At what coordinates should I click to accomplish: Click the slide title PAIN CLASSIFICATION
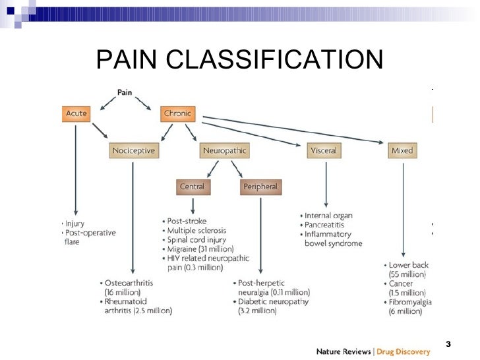[x=239, y=60]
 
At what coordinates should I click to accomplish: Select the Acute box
[x=76, y=113]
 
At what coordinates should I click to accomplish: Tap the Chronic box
[x=177, y=113]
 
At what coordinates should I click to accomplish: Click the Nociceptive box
[x=133, y=151]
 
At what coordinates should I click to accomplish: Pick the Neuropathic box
[x=224, y=151]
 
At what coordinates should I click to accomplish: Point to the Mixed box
[x=402, y=151]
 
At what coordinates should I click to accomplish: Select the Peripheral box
[x=260, y=187]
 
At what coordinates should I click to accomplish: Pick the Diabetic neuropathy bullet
[x=272, y=301]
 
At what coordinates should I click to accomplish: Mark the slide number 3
[x=448, y=344]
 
